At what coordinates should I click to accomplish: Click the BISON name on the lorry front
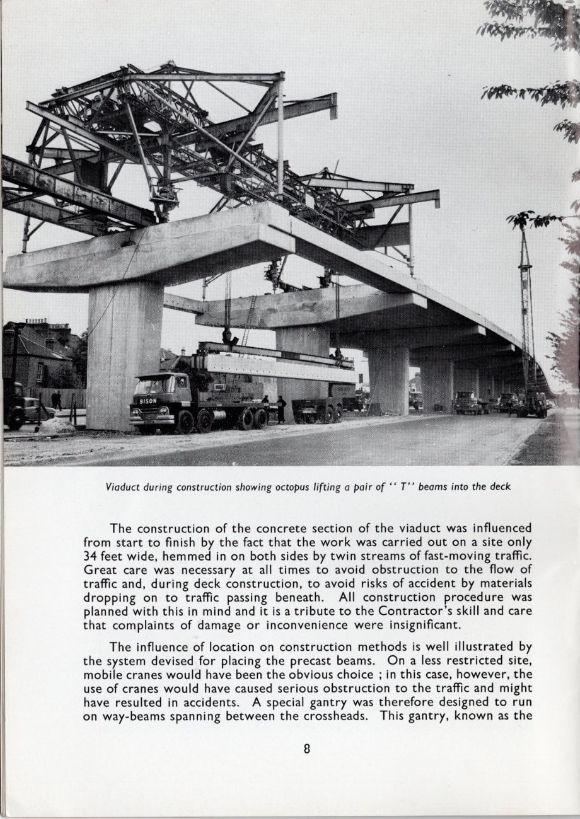[x=148, y=401]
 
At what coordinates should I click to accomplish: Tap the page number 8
[x=307, y=749]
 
